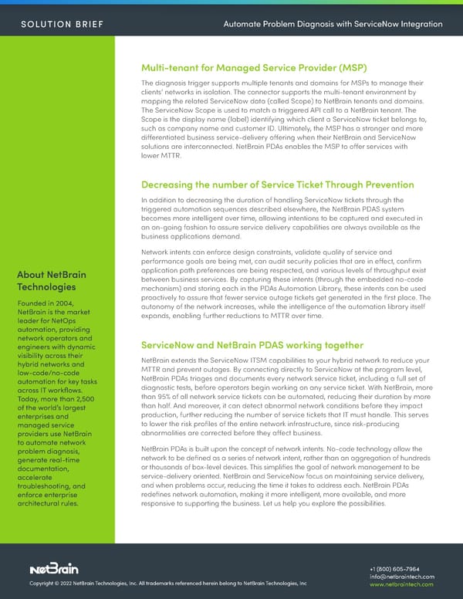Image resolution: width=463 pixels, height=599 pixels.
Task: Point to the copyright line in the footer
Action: (168, 584)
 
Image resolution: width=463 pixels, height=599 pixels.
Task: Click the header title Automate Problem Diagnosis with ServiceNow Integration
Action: (332, 24)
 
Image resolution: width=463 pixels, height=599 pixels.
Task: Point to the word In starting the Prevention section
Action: (144, 201)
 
